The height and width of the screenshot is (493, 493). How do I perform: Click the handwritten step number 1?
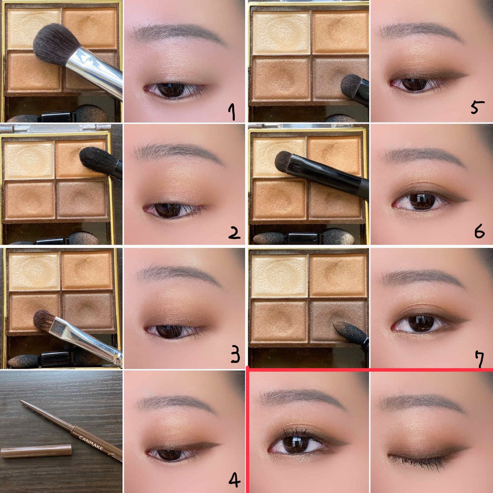pos(232,112)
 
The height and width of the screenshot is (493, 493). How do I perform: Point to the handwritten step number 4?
pos(234,480)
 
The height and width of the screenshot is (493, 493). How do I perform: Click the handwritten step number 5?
pos(477,107)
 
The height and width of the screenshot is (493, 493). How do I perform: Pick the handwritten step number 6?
pos(479,232)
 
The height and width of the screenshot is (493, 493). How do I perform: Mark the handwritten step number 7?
pos(480,359)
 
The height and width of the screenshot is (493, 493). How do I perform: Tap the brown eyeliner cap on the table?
pos(36,451)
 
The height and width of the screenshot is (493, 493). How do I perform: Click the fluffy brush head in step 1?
pos(55,43)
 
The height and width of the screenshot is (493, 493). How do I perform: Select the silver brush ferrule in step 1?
pos(94,72)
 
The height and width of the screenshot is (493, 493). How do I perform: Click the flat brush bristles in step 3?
pos(44,320)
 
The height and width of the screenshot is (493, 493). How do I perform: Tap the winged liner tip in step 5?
pos(464,75)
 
